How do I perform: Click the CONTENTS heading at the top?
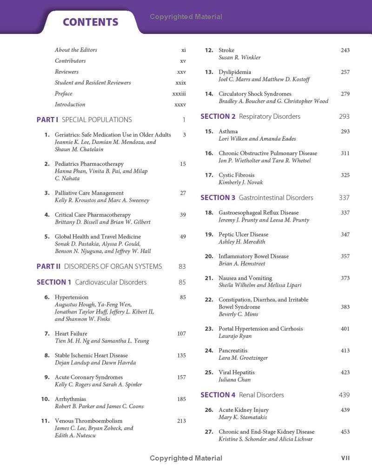[91, 22]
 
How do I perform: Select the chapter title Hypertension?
[72, 297]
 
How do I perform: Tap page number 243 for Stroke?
[345, 50]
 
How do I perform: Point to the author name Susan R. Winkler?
[239, 58]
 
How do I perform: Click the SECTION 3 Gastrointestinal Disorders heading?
[257, 198]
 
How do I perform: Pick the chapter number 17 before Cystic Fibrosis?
[209, 175]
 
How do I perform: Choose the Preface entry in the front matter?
[64, 93]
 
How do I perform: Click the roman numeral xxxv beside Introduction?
[180, 104]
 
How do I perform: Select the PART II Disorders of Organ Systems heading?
[99, 266]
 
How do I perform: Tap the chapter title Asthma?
[228, 131]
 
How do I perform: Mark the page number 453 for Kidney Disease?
[345, 432]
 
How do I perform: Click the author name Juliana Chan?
[234, 380]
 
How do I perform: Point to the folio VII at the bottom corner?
[345, 458]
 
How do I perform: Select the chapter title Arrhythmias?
[70, 399]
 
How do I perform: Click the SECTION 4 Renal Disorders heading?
[242, 395]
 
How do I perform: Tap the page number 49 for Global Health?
[183, 236]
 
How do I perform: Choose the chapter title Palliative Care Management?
[89, 193]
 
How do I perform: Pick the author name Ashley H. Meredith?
[242, 242]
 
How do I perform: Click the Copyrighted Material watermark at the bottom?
[186, 458]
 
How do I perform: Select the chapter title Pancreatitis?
[233, 351]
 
